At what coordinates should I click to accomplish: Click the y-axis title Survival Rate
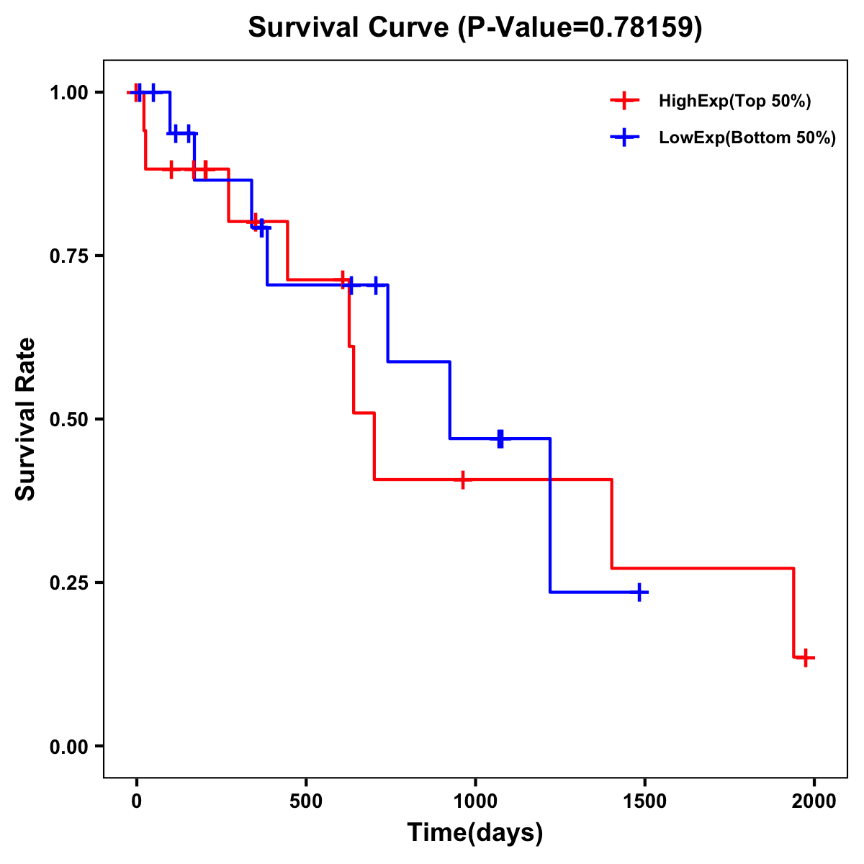(x=26, y=419)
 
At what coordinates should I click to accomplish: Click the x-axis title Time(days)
(x=475, y=832)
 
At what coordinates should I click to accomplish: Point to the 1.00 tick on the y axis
(x=68, y=92)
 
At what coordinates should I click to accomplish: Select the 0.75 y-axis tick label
(x=68, y=256)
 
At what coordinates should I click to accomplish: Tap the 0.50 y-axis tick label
(x=68, y=419)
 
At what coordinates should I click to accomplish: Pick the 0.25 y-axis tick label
(x=68, y=582)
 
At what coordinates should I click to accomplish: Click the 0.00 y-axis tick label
(x=68, y=746)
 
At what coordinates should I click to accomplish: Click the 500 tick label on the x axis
(x=306, y=801)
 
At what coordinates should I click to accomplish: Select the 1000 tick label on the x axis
(x=475, y=801)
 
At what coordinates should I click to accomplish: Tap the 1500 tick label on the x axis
(x=645, y=801)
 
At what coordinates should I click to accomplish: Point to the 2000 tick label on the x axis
(x=814, y=801)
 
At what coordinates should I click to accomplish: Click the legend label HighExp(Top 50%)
(x=735, y=102)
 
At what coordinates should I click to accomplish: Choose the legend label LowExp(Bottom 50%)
(x=747, y=138)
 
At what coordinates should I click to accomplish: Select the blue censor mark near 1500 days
(x=639, y=593)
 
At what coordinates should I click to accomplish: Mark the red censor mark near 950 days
(x=463, y=480)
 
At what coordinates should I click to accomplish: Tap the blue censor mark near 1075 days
(x=500, y=438)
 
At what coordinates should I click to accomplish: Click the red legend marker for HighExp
(x=624, y=102)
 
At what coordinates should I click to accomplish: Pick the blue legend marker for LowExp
(x=624, y=138)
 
